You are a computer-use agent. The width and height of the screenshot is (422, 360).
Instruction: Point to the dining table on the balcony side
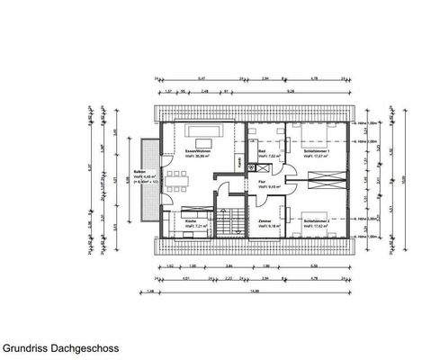click(x=178, y=178)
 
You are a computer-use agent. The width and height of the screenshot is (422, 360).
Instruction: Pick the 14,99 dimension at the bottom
click(x=256, y=291)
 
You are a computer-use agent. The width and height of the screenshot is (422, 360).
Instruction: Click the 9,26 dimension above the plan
click(x=291, y=91)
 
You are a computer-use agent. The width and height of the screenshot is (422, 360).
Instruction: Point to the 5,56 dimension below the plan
click(x=312, y=267)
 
